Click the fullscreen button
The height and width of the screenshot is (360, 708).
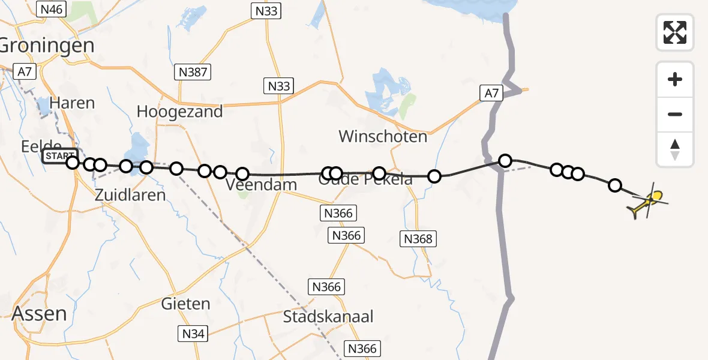675,32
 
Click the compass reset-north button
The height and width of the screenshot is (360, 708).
675,149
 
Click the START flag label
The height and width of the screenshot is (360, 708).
59,157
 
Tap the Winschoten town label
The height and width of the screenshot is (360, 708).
383,136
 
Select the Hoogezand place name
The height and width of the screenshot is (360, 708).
179,112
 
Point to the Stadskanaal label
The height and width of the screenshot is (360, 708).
329,317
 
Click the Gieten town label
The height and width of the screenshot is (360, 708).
186,304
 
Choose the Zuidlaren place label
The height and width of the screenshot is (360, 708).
130,194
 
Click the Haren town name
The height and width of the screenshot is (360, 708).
73,103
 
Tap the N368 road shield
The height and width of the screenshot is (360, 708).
418,239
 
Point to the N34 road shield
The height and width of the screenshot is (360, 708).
193,334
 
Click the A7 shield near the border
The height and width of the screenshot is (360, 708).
491,93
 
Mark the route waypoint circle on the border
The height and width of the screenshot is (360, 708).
505,161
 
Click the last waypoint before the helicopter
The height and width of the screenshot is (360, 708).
615,185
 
